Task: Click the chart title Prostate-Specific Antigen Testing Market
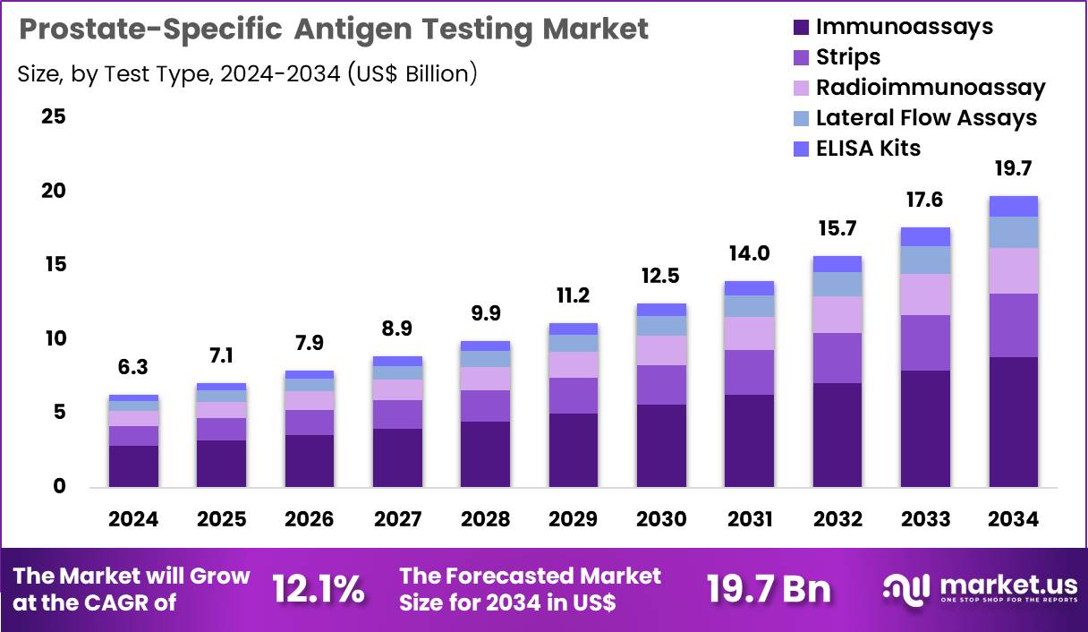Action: coord(333,30)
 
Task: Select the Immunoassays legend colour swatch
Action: coord(801,28)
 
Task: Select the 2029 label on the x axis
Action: coord(573,519)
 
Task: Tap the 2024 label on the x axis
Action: coord(133,519)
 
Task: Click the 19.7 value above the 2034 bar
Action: coord(1013,168)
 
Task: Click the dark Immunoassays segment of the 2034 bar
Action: coord(1013,421)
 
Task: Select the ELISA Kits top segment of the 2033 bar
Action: coord(925,236)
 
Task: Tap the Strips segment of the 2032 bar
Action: coord(837,358)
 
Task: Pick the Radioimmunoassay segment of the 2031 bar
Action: coord(749,333)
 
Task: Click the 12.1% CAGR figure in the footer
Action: coord(319,589)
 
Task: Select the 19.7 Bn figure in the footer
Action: coord(769,589)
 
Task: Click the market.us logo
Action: coord(980,588)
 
